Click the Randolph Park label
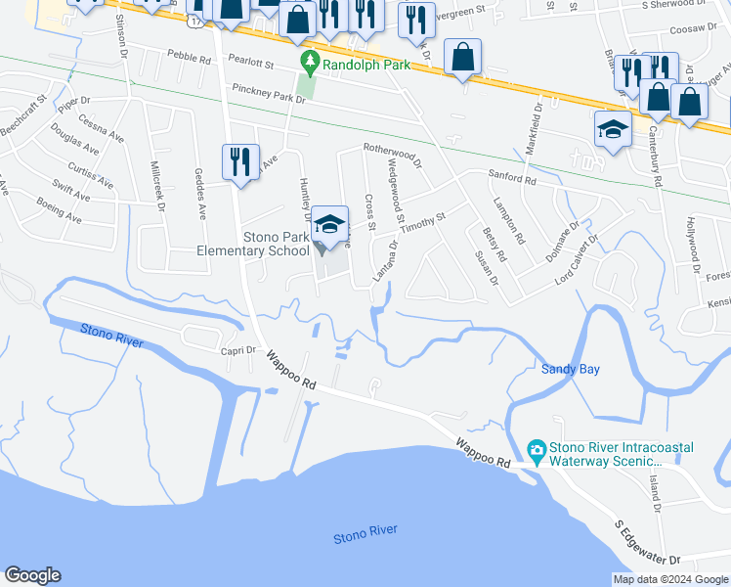coord(366,65)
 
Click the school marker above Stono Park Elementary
coord(330,224)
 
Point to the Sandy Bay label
coord(571,369)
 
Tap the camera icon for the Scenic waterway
coord(536,451)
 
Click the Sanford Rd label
coord(512,180)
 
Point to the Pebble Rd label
coord(189,59)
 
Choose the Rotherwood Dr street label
coord(391,155)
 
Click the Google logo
coord(32,576)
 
